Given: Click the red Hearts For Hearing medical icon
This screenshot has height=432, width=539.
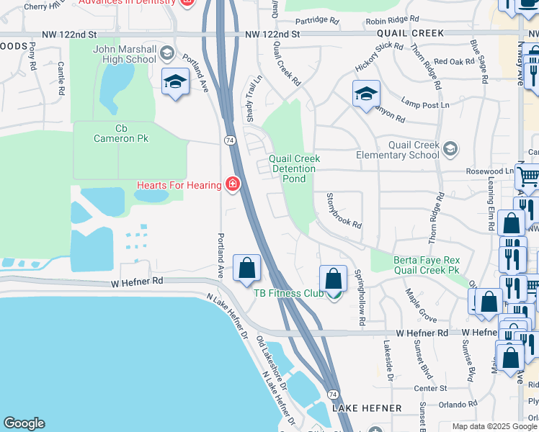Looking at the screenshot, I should tap(232, 186).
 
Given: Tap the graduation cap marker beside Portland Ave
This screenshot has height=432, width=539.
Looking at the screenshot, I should tap(175, 83).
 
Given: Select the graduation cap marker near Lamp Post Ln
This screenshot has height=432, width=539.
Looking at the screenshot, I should tap(366, 94).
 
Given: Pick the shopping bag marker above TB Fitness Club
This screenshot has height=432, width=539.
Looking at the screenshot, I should tap(333, 277).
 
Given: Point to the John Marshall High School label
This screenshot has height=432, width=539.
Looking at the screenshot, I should tap(124, 54).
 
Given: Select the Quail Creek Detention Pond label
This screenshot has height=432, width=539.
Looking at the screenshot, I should tap(293, 168).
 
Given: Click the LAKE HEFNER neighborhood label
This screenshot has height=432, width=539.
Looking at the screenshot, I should tap(367, 408).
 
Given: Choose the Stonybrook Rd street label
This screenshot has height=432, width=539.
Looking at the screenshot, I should tap(344, 210).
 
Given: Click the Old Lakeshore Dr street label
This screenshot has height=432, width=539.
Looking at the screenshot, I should tap(272, 367).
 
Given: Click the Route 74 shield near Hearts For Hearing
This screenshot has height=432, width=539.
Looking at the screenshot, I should tap(228, 140).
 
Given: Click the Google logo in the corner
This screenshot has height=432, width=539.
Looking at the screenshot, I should tap(24, 423).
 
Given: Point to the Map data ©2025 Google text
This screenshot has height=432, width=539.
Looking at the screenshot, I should tap(494, 426).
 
